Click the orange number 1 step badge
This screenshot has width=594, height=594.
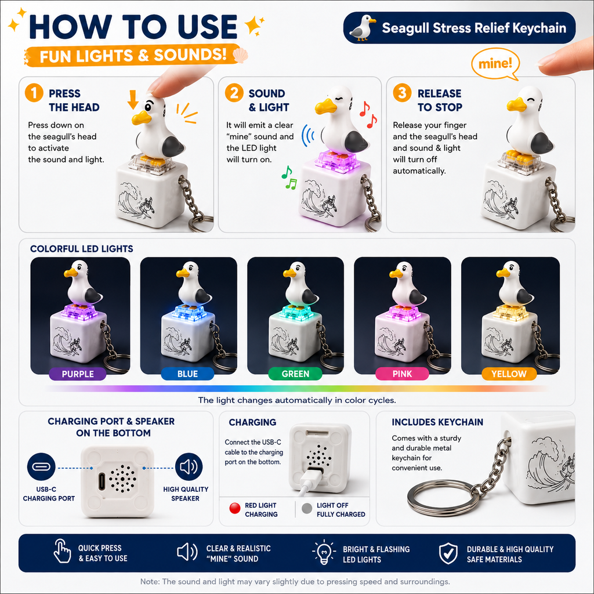click(34, 93)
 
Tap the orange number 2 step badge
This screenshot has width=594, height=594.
click(234, 93)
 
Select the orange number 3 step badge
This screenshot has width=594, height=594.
click(402, 93)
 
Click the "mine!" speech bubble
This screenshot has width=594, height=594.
click(495, 65)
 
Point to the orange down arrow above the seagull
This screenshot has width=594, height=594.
click(133, 100)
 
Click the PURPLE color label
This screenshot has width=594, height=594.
click(78, 374)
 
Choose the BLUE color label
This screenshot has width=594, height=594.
click(187, 374)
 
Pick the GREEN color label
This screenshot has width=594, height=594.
click(295, 374)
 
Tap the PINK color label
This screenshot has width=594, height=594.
click(402, 374)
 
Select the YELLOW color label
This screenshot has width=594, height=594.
click(509, 374)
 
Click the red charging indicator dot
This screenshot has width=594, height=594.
click(235, 508)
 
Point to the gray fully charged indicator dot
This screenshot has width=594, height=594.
click(307, 508)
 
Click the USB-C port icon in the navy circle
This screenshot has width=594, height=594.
click(41, 467)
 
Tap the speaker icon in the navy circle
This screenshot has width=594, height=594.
click(189, 467)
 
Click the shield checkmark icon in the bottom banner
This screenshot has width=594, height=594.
click(448, 553)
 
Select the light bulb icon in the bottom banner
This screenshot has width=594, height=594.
click(324, 552)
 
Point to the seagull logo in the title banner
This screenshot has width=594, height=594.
click(362, 28)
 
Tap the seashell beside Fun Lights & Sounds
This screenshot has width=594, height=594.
click(240, 56)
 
